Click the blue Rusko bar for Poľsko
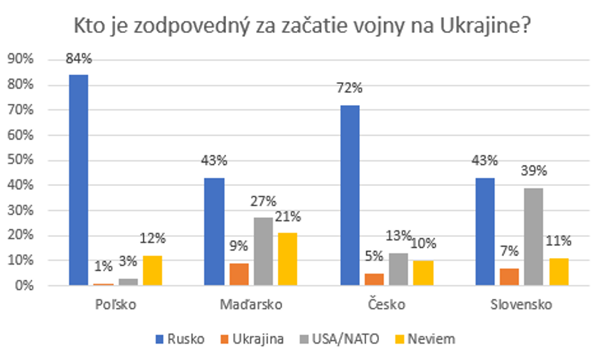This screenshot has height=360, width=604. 79,180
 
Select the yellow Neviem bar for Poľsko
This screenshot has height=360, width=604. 153,271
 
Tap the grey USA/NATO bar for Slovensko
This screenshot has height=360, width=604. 534,237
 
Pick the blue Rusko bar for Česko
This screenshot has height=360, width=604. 350,195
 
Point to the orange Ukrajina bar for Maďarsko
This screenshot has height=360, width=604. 239,274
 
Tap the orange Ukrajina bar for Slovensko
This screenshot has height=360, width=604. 509,277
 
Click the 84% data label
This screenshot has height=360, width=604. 79,59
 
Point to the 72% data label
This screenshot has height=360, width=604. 350,89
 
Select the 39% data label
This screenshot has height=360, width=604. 534,172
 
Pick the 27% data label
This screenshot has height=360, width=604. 263,202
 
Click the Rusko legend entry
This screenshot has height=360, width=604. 180,339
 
